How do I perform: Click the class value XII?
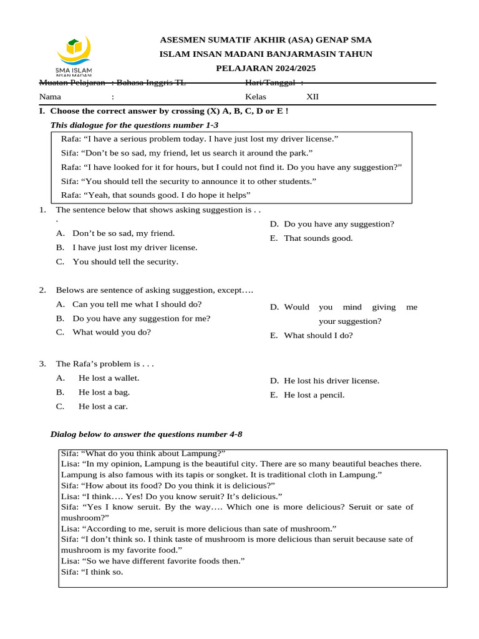click(312, 97)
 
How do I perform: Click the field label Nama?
click(50, 97)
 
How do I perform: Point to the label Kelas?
click(256, 97)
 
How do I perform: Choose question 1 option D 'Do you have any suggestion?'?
click(339, 224)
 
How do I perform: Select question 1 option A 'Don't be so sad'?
click(123, 233)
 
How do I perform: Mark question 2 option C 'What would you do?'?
click(112, 332)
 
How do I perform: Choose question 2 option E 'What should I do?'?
click(318, 335)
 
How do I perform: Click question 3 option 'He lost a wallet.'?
click(109, 378)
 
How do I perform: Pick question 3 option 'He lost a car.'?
click(103, 406)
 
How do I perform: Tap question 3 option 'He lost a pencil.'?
click(314, 395)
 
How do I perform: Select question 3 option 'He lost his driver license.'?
click(331, 381)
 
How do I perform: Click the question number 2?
click(42, 290)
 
